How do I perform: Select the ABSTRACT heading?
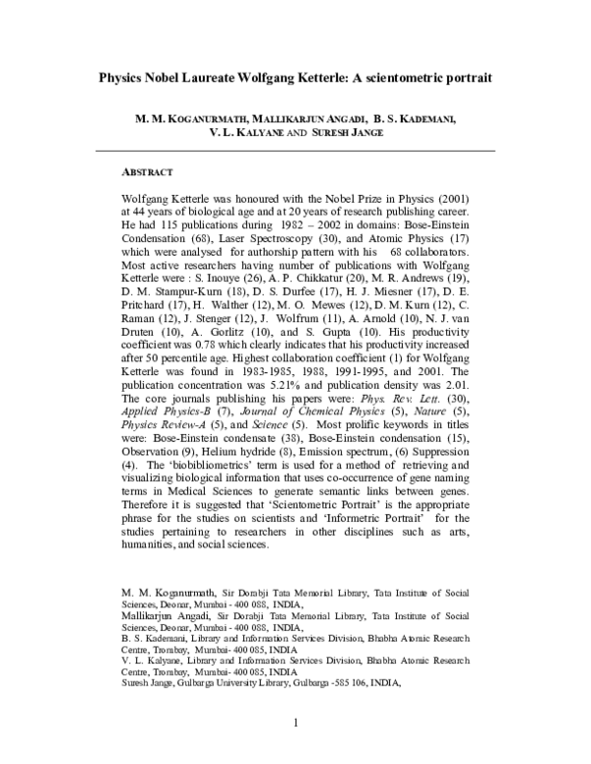click(x=144, y=171)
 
